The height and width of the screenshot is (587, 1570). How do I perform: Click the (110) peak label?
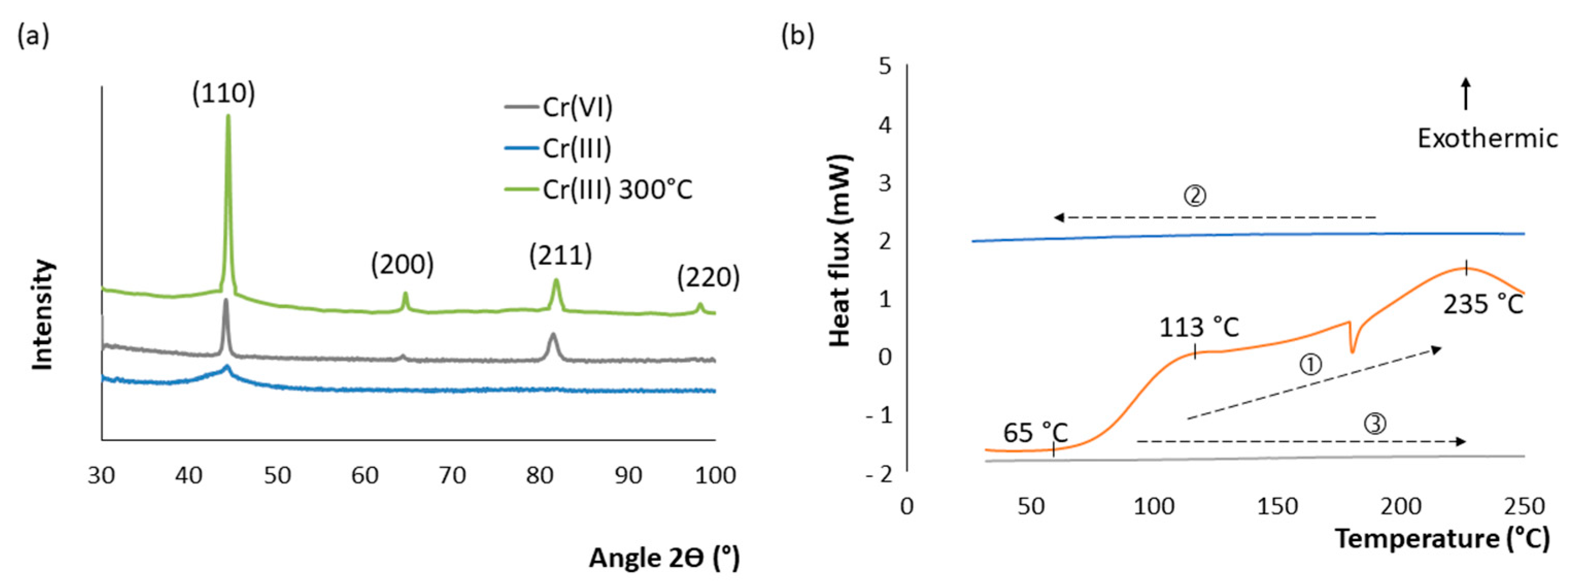click(224, 93)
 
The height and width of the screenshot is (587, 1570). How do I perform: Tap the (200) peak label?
click(402, 264)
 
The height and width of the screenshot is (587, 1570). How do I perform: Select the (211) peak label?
click(560, 256)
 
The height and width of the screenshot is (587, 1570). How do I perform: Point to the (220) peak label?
click(708, 278)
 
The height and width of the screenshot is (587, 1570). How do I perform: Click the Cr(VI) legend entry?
click(576, 107)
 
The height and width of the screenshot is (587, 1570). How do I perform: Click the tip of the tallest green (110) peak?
click(228, 116)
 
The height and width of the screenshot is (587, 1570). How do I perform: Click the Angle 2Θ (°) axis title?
click(664, 558)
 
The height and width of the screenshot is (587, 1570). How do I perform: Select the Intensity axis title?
click(43, 314)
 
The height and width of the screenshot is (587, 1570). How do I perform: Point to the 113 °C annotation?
click(1199, 328)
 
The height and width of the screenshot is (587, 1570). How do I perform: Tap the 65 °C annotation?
click(1035, 433)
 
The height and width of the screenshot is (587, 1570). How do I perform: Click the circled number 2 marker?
click(1194, 196)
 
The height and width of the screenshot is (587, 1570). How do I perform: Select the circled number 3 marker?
click(1374, 424)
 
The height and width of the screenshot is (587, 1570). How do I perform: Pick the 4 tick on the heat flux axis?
click(884, 126)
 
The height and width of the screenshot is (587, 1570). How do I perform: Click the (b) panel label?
click(798, 37)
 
